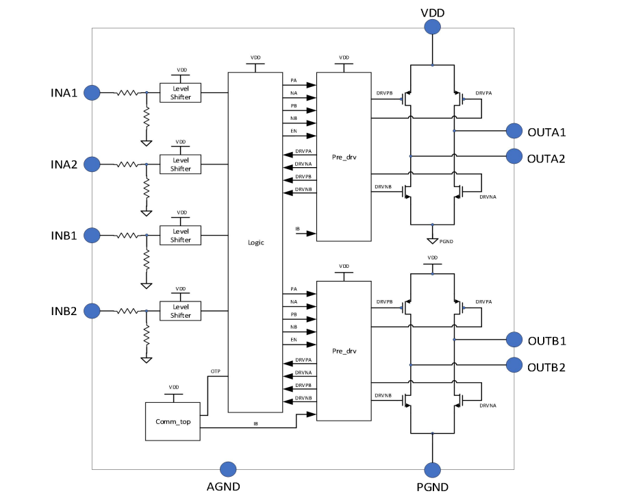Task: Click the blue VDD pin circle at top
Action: click(x=432, y=27)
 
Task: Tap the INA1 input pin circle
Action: click(x=92, y=92)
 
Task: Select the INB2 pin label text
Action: click(x=65, y=311)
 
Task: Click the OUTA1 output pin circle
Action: click(x=514, y=130)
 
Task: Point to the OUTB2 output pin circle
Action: click(x=514, y=366)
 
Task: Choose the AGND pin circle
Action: click(x=227, y=469)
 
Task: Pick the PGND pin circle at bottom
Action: click(x=432, y=469)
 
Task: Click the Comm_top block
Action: click(x=173, y=421)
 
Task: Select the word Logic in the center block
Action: click(x=255, y=242)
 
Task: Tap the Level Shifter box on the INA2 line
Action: click(x=181, y=164)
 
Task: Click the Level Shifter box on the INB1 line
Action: click(x=181, y=236)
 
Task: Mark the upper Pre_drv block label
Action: click(x=344, y=157)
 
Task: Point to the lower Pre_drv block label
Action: click(x=344, y=351)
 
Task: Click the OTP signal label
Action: click(x=215, y=371)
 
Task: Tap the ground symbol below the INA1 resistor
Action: click(x=146, y=142)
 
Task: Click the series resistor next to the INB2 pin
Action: click(x=128, y=311)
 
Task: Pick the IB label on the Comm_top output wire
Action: click(x=255, y=424)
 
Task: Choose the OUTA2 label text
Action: click(x=546, y=158)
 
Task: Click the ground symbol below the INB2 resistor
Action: click(x=146, y=358)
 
